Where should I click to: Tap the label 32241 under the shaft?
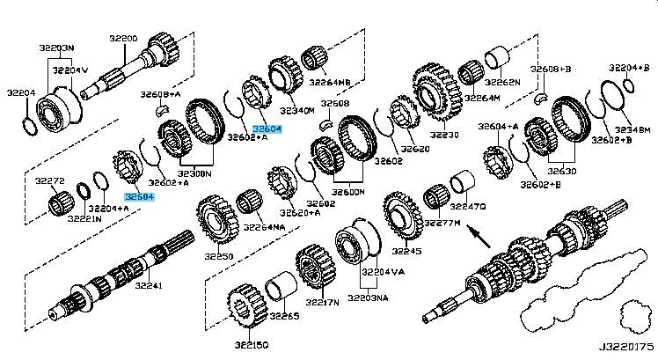point(148,286)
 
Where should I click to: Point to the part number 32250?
point(218,256)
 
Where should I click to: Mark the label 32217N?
point(321,302)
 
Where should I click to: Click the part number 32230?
point(444,136)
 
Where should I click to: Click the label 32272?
point(50,181)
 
